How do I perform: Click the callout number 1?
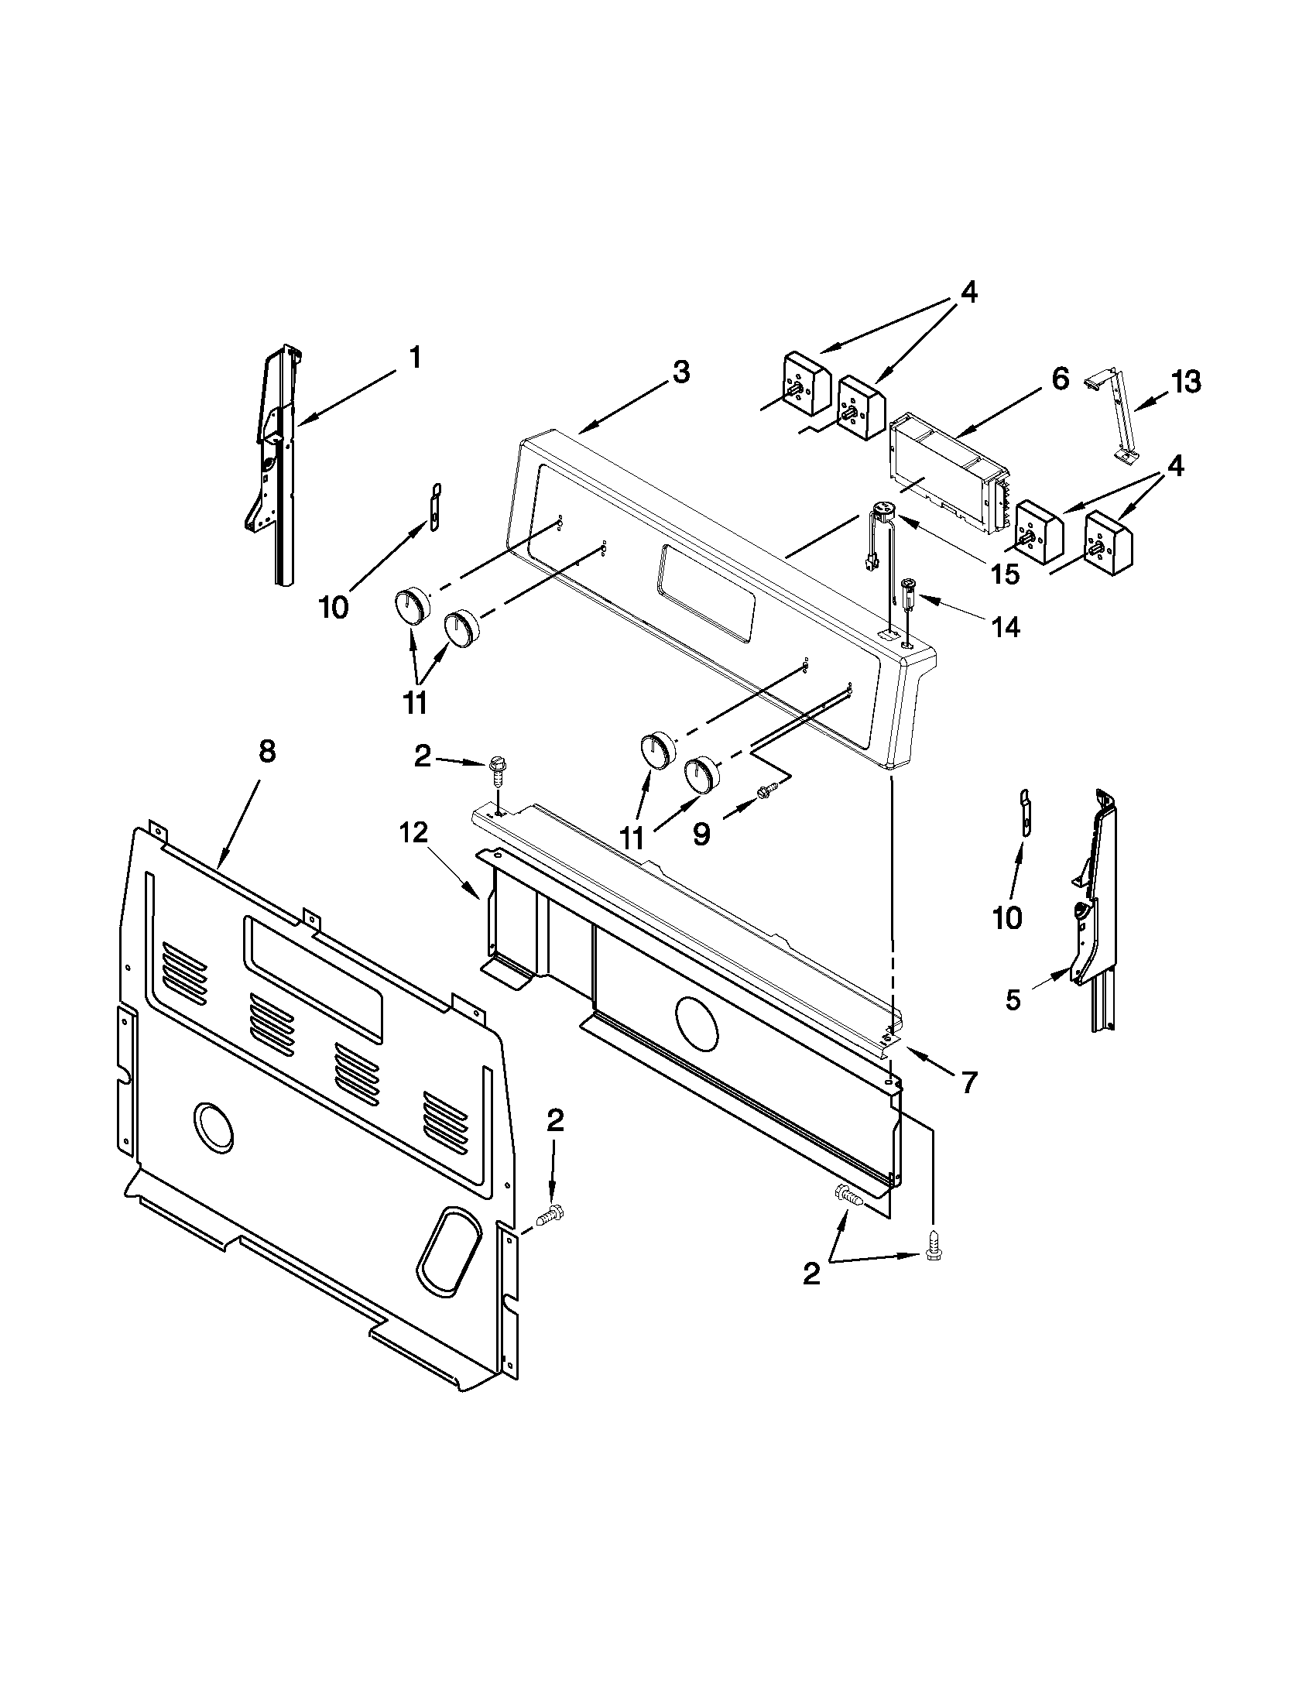coord(415,358)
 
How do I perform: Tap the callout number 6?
coord(1058,379)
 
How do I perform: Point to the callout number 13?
coord(1185,382)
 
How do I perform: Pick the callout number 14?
coord(1006,626)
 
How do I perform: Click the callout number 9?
coord(701,835)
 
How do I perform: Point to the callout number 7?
coord(969,1082)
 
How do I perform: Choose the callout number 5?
coord(1013,999)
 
